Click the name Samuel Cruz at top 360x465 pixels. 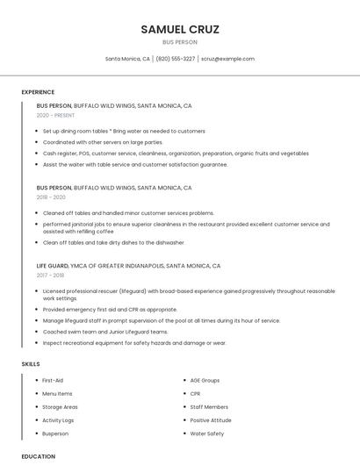(180, 29)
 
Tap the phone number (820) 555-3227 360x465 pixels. (176, 59)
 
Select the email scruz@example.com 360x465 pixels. (227, 59)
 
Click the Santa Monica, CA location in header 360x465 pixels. (127, 59)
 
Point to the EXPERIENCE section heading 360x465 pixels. (38, 92)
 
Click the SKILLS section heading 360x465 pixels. (31, 363)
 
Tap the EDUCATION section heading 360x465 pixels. (39, 456)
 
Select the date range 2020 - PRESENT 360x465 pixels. (55, 115)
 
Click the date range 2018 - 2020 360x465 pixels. (51, 197)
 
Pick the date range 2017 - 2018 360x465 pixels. (51, 275)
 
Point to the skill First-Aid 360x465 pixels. (53, 381)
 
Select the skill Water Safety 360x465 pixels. (207, 433)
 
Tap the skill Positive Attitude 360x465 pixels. (211, 420)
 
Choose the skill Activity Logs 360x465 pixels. (59, 420)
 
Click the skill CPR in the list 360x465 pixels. (196, 394)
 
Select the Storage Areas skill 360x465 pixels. (60, 407)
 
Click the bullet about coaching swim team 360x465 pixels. (105, 332)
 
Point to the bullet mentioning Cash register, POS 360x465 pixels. (176, 153)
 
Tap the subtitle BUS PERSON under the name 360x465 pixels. (180, 42)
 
